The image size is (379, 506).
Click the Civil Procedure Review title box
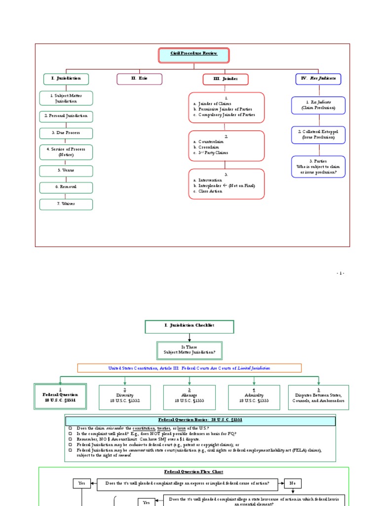194,55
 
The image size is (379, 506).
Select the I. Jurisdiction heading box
66,79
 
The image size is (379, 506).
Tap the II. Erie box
139,79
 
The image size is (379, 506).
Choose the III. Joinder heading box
226,79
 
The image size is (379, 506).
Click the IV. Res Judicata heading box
318,79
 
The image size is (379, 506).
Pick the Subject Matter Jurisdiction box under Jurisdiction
66,98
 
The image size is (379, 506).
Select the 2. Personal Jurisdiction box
66,116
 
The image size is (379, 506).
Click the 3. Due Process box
66,133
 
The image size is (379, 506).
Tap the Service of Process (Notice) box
66,152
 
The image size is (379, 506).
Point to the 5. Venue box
66,171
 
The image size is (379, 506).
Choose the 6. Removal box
66,187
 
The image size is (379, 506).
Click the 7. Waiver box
66,204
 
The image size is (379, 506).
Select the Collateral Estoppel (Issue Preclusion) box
318,135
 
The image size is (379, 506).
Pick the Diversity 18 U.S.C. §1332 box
125,398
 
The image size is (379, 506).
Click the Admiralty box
254,398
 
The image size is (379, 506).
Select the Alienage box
189,398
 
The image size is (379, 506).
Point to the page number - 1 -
341,273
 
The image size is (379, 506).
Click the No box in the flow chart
293,483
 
